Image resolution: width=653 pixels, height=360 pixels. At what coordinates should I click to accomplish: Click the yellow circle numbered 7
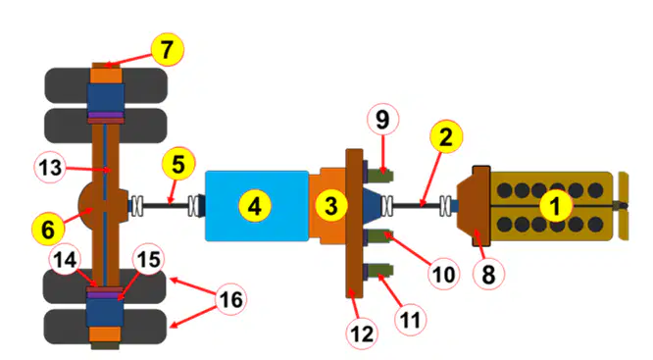pos(167,50)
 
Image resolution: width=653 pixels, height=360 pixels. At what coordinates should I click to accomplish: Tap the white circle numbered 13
pos(50,168)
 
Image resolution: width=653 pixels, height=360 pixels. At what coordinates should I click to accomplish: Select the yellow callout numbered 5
pos(178,164)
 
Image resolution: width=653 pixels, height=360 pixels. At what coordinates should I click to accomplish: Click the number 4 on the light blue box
pos(255,206)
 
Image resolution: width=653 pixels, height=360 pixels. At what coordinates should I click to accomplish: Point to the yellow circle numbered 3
pos(331,205)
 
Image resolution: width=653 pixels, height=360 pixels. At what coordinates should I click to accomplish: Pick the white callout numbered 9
pos(382,119)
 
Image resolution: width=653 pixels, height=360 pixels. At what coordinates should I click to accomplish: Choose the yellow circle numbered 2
pos(446,136)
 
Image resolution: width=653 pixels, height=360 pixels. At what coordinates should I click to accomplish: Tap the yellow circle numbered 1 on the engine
pos(556,206)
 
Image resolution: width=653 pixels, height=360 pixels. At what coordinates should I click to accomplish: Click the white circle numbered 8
pos(488,275)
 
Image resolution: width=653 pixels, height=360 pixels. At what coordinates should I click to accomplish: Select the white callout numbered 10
pos(443,274)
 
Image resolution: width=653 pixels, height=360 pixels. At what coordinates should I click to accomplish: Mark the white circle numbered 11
pos(410,320)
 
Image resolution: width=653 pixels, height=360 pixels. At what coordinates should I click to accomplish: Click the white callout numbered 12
pos(362,334)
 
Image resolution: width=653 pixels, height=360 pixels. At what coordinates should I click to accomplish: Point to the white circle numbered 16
pos(230,299)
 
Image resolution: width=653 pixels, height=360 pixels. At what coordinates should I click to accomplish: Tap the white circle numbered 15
pos(149,259)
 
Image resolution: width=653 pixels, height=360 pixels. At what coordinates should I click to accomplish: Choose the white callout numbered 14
pos(66,260)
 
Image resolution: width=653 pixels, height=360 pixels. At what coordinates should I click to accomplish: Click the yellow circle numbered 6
pos(48,229)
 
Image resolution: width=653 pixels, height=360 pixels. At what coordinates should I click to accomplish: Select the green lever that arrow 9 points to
pos(380,175)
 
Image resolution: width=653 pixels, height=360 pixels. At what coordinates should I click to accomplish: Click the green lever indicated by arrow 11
pos(380,272)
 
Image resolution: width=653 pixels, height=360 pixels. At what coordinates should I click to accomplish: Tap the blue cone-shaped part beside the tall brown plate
pos(373,204)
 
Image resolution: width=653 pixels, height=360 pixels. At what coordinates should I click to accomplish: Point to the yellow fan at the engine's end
pos(624,206)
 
